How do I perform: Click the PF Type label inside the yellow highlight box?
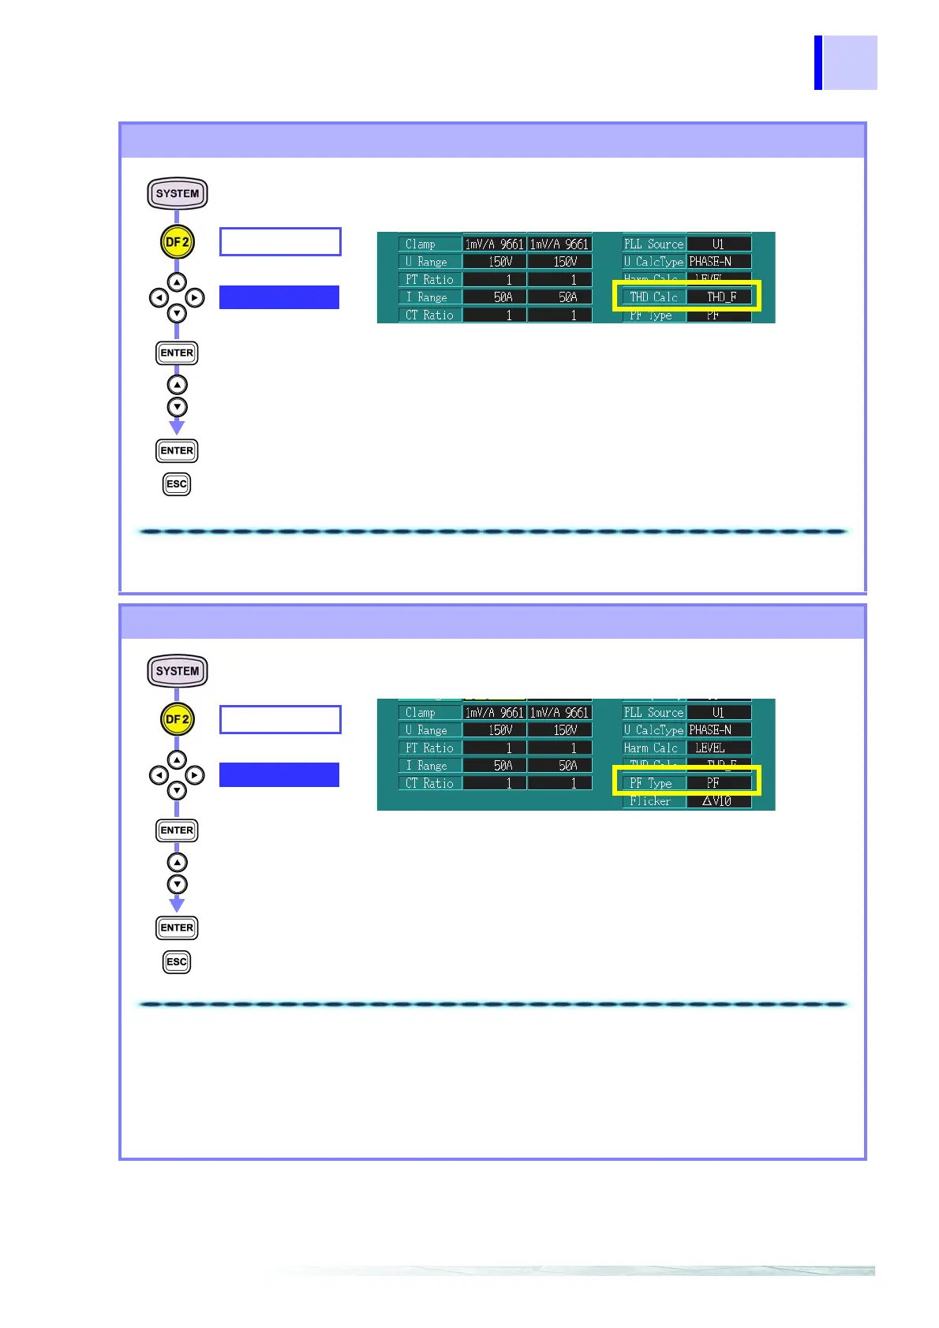point(651,783)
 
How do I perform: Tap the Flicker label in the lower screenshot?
point(650,801)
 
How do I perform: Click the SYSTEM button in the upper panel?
point(178,193)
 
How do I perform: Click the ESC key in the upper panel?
point(177,484)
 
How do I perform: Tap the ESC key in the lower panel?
point(177,962)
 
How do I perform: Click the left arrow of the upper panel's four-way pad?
point(159,298)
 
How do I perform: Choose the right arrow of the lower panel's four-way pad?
point(195,775)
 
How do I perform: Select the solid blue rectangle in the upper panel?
point(279,297)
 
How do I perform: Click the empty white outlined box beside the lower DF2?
point(280,720)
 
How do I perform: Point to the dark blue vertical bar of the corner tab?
point(818,62)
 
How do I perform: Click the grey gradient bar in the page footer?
point(576,1270)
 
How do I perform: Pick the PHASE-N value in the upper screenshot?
point(710,262)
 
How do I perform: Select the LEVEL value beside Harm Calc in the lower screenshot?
point(710,748)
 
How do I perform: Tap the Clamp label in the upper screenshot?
point(421,244)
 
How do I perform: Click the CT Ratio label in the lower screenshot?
point(429,783)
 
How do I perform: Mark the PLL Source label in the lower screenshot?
point(653,712)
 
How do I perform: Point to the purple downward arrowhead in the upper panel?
point(177,427)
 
